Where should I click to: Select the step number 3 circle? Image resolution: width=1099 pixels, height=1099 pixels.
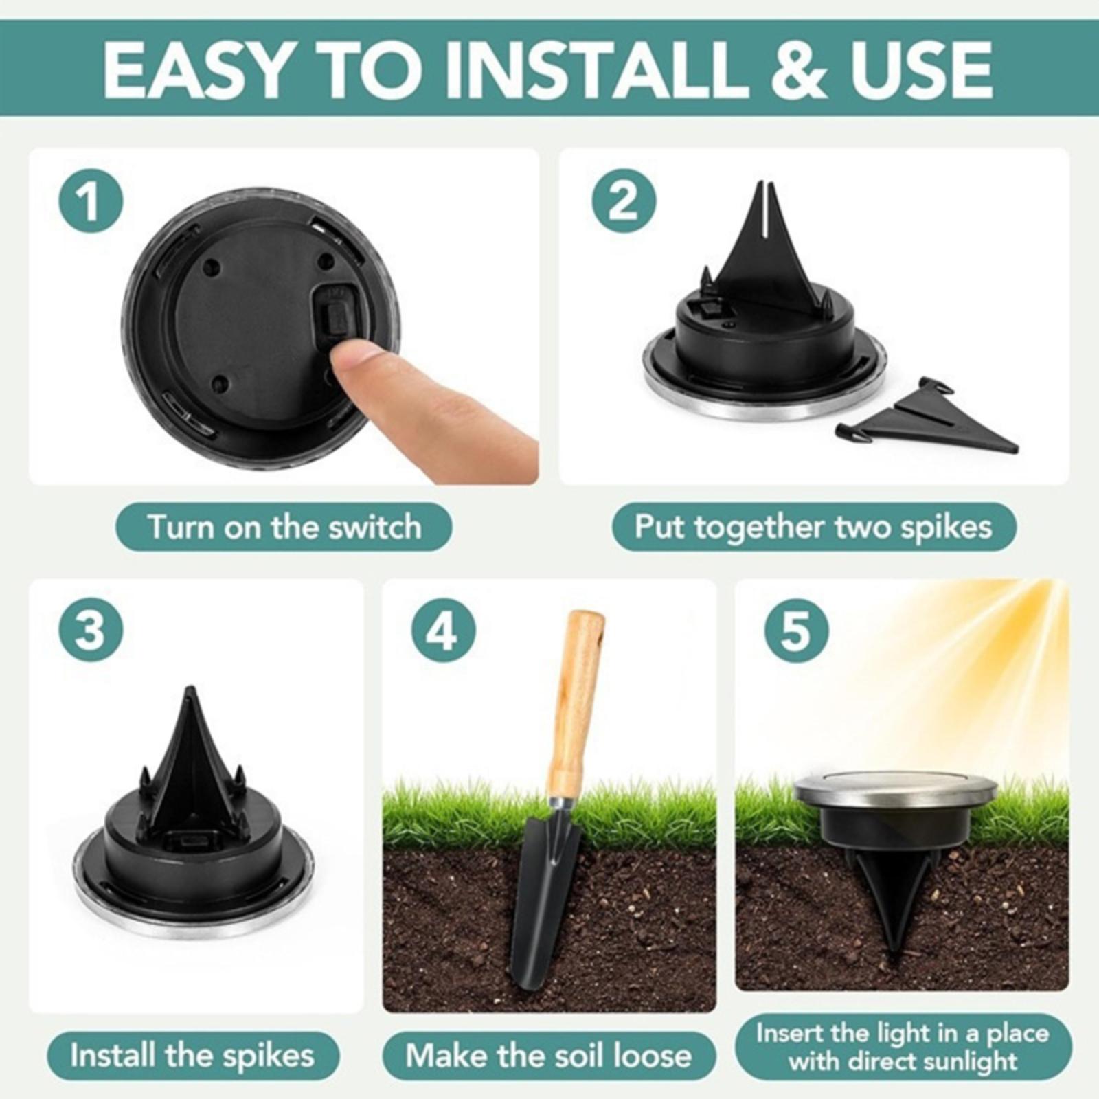tap(91, 629)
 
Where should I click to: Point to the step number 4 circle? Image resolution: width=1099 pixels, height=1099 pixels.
tap(444, 629)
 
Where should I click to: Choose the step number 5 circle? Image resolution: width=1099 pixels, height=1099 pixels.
tap(797, 629)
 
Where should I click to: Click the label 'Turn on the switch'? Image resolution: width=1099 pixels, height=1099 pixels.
tap(284, 527)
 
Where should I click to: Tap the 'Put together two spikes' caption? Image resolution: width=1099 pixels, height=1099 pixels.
tap(814, 527)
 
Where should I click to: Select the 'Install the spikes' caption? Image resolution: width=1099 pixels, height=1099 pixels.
tap(192, 1055)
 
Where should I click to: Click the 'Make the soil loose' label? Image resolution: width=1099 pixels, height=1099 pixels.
tap(549, 1055)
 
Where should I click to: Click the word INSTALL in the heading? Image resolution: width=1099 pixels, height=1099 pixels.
tap(596, 69)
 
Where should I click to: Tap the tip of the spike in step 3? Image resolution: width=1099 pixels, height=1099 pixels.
tap(191, 689)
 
